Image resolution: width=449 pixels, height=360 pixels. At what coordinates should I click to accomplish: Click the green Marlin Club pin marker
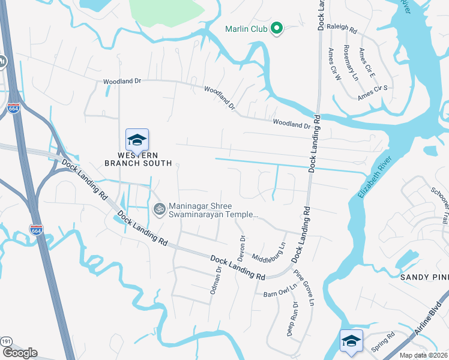277,28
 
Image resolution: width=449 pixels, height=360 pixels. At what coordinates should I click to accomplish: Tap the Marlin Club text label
246,28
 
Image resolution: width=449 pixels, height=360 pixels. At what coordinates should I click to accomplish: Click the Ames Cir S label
373,92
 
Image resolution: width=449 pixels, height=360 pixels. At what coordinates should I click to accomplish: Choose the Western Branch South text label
138,159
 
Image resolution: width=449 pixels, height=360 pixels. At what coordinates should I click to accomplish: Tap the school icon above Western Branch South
137,140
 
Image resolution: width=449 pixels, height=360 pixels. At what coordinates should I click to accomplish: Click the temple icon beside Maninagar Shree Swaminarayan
159,209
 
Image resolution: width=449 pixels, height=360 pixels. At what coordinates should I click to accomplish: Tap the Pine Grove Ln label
304,287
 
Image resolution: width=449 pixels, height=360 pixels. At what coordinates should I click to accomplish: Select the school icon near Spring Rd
351,341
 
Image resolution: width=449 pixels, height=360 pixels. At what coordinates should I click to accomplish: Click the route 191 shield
5,341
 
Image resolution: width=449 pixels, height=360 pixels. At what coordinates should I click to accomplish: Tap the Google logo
20,353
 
